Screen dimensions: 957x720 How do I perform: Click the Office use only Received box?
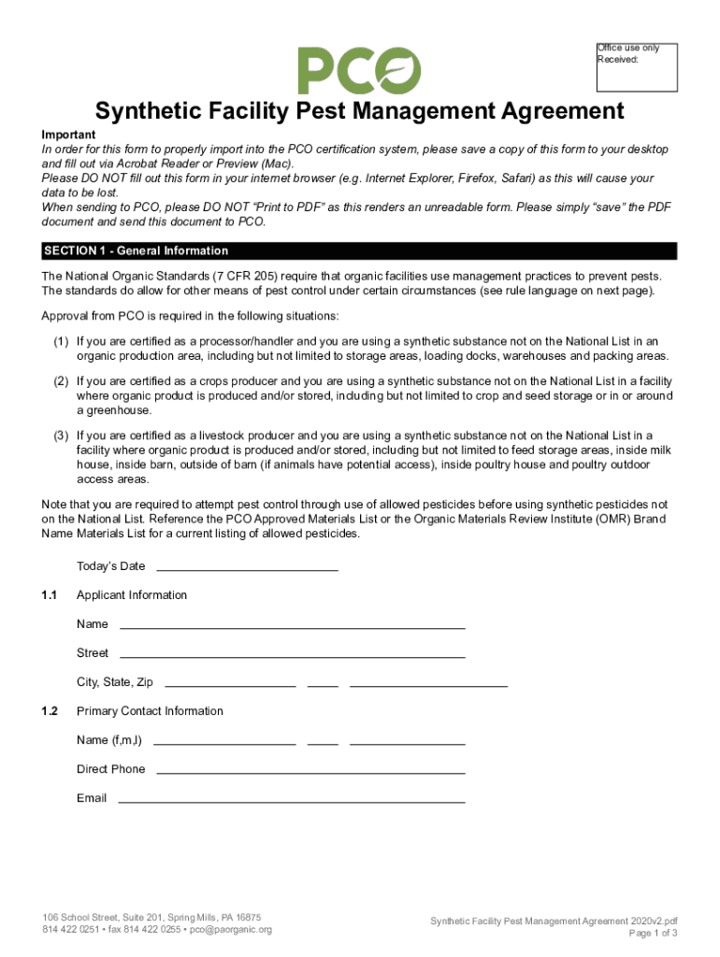pyautogui.click(x=637, y=67)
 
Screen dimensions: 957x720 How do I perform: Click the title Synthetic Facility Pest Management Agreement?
pyautogui.click(x=359, y=112)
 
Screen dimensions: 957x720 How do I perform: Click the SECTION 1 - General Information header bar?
pyautogui.click(x=359, y=250)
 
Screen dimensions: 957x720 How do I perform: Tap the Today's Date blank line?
pyautogui.click(x=247, y=567)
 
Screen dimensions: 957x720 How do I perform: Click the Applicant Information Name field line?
pyautogui.click(x=293, y=625)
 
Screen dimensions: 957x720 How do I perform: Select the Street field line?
pyautogui.click(x=293, y=654)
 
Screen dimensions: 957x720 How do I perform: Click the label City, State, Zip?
pyautogui.click(x=115, y=682)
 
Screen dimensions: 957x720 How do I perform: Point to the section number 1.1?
pyautogui.click(x=50, y=595)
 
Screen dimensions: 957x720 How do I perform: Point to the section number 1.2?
pyautogui.click(x=50, y=711)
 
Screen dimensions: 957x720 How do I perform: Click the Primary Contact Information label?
pyautogui.click(x=150, y=711)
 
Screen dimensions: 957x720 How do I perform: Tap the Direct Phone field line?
pyautogui.click(x=310, y=770)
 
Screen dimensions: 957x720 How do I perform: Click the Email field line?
pyautogui.click(x=292, y=799)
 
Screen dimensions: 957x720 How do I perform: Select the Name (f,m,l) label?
pyautogui.click(x=109, y=740)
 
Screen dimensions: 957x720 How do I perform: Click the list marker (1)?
pyautogui.click(x=61, y=341)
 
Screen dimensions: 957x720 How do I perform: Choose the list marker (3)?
pyautogui.click(x=61, y=436)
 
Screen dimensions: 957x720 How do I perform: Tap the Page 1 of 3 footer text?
pyautogui.click(x=653, y=934)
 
